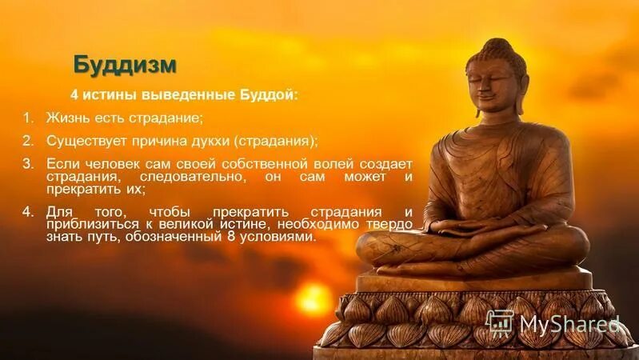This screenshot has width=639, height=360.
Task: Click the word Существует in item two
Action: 82,141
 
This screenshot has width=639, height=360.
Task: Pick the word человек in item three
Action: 112,163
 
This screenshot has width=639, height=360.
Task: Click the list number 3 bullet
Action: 27,163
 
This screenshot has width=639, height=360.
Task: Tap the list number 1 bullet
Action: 27,118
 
